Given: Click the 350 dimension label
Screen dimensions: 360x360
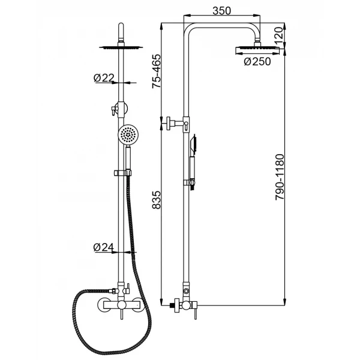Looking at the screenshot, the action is click(221, 11).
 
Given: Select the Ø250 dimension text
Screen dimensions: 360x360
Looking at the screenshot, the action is click(257, 62).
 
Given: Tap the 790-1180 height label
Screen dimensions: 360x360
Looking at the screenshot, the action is click(280, 177).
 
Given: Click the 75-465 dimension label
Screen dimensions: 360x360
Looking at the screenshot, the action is click(156, 71).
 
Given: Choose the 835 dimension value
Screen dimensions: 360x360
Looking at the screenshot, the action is click(157, 200).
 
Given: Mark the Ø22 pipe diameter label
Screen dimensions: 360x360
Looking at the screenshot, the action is click(104, 78).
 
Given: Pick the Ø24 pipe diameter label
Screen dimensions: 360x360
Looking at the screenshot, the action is click(104, 247).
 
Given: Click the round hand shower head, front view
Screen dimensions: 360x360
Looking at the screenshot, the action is click(128, 135).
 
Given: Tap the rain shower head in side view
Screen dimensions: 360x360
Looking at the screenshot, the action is click(257, 50).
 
